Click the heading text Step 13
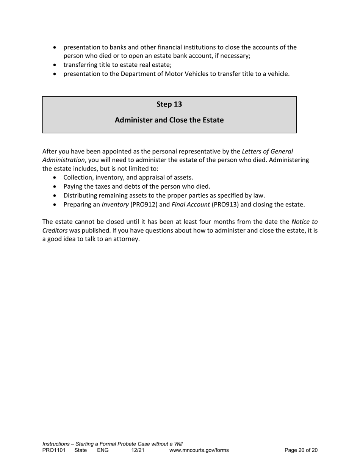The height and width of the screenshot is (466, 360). pyautogui.click(x=169, y=104)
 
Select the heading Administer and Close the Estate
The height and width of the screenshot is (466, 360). pyautogui.click(x=169, y=120)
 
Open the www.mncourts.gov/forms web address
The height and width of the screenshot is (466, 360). pyautogui.click(x=199, y=450)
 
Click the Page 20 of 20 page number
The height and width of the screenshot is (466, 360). pyautogui.click(x=301, y=450)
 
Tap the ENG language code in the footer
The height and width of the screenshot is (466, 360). pyautogui.click(x=103, y=450)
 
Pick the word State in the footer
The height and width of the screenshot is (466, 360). pyautogui.click(x=81, y=450)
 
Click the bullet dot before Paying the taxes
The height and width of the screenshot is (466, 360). pyautogui.click(x=56, y=187)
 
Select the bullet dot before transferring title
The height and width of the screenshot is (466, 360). pyautogui.click(x=56, y=65)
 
